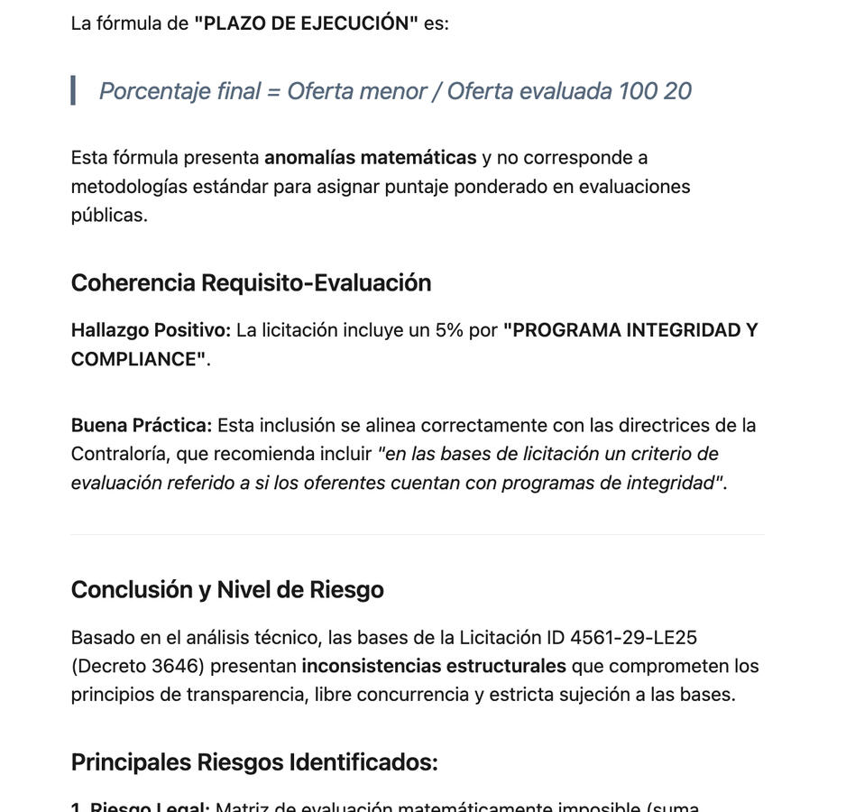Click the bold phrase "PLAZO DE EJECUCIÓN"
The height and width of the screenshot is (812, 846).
(306, 23)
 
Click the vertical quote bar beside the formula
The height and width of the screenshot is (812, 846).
(73, 90)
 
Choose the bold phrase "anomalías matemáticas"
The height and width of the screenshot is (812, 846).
(370, 158)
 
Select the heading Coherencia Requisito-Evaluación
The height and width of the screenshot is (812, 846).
(251, 282)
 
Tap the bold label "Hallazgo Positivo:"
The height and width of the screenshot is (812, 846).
(151, 330)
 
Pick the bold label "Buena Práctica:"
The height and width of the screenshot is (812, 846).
(142, 425)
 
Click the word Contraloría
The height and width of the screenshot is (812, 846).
(119, 454)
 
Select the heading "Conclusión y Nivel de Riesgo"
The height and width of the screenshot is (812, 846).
(227, 589)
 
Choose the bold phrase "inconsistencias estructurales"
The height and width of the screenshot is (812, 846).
(434, 667)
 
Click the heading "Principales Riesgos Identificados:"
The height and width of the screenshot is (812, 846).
(254, 762)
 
